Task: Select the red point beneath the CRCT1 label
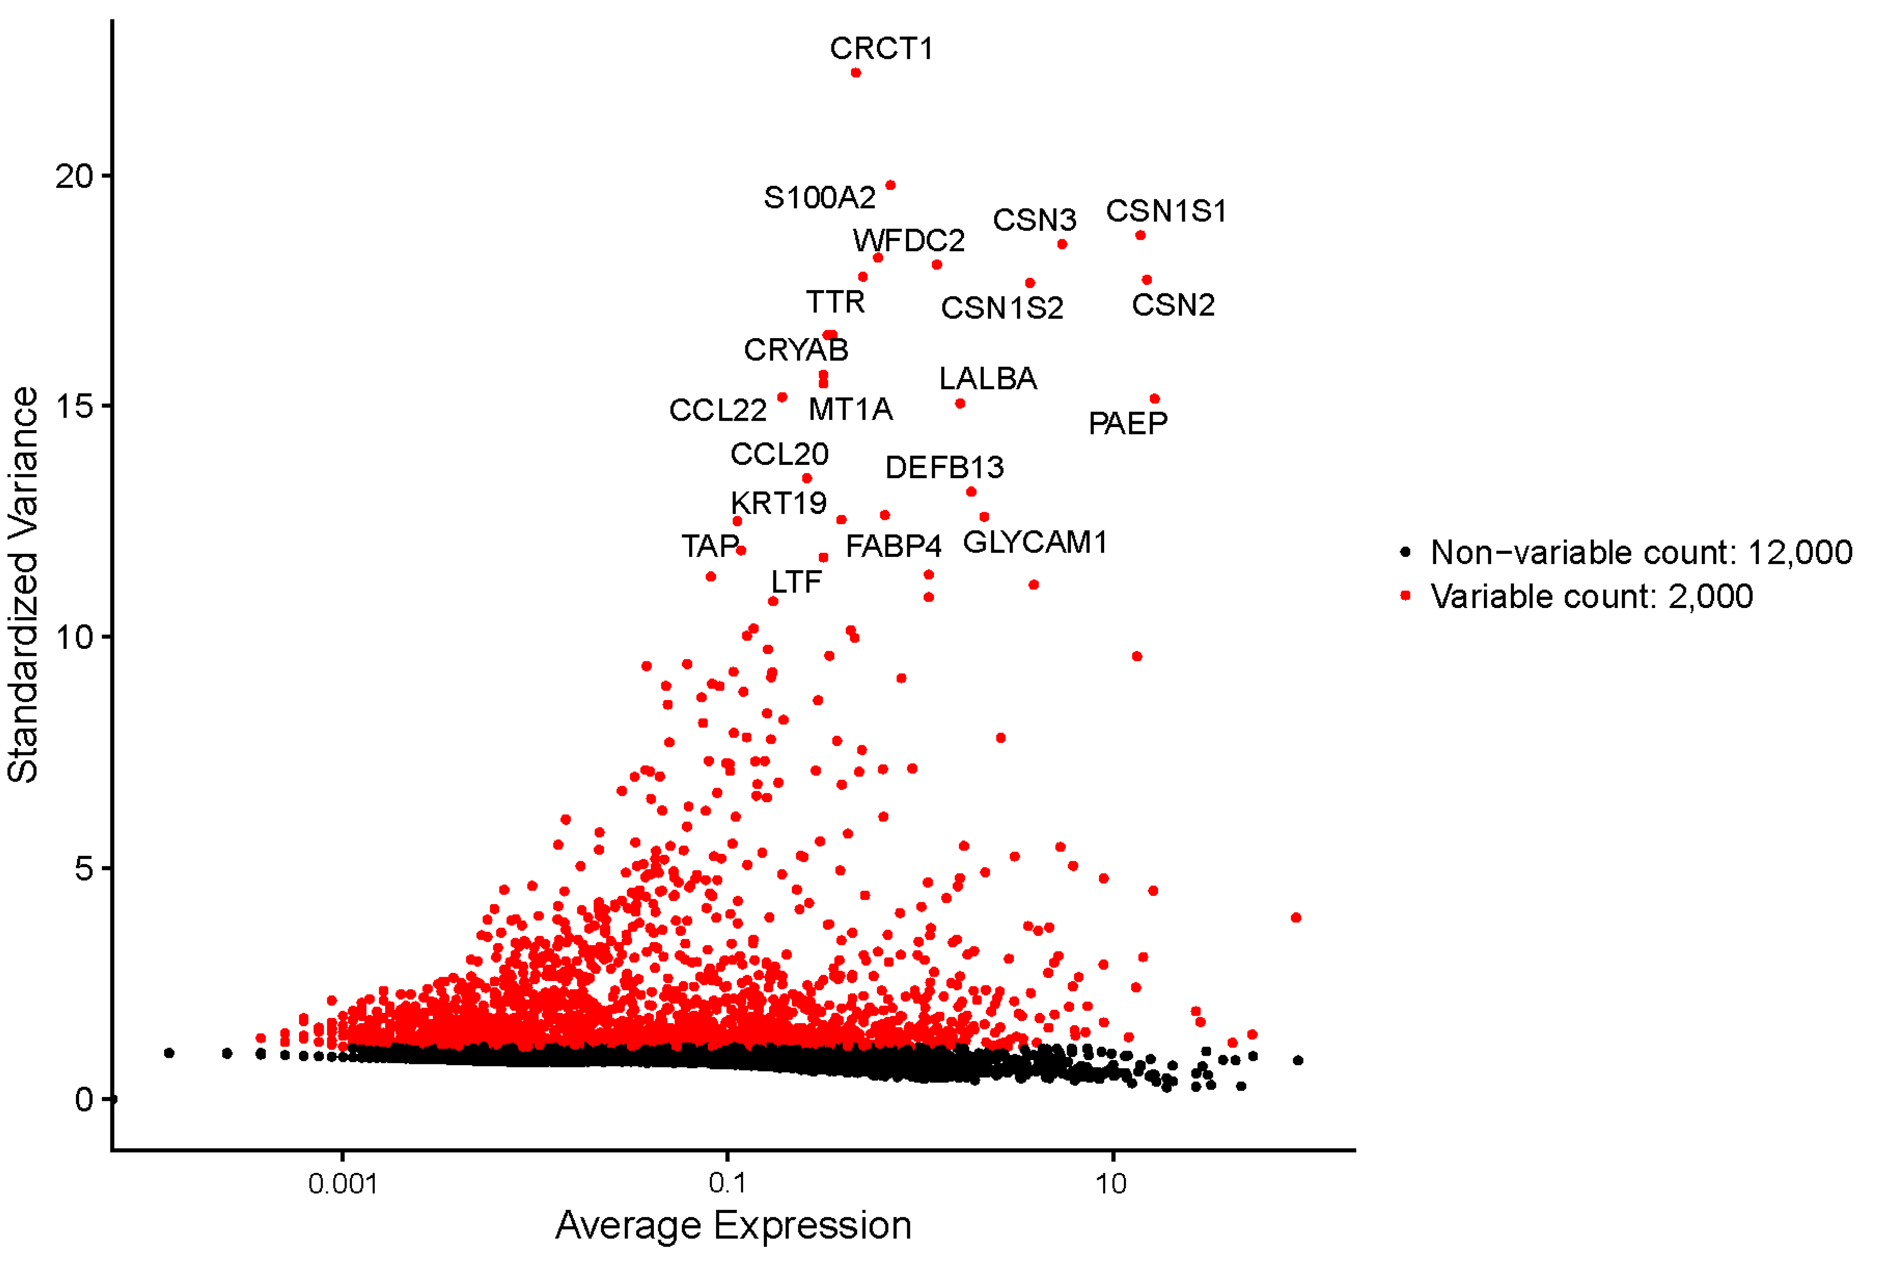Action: pos(855,73)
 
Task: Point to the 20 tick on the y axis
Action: pos(74,176)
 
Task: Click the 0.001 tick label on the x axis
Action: pos(343,1184)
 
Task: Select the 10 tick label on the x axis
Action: pos(1111,1184)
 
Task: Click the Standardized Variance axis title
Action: pos(22,585)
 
